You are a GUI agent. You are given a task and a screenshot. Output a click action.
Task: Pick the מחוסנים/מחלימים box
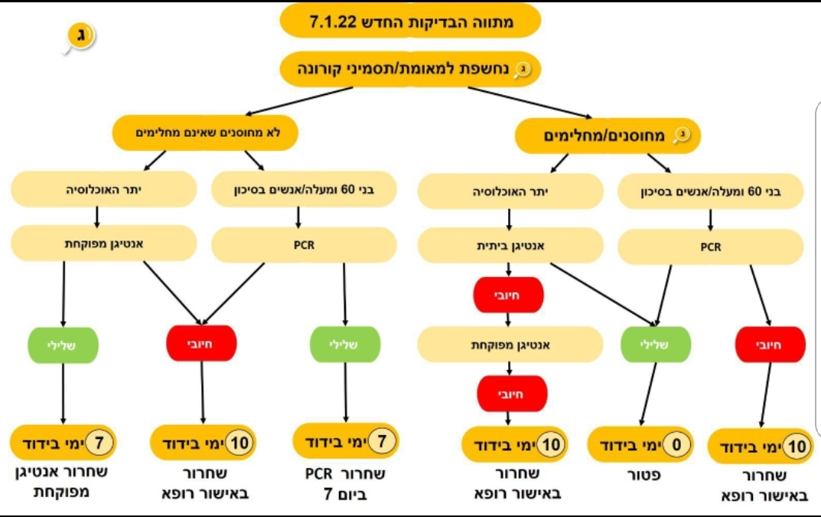[608, 136]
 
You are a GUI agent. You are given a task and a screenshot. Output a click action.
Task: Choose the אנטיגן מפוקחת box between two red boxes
[510, 345]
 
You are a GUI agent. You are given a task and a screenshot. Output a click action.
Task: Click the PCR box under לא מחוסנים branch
[304, 246]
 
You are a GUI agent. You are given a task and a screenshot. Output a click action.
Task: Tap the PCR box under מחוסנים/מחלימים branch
[710, 247]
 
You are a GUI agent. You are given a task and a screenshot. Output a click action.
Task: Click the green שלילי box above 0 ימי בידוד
[658, 345]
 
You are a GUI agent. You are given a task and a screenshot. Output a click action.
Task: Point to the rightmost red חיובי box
[771, 345]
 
